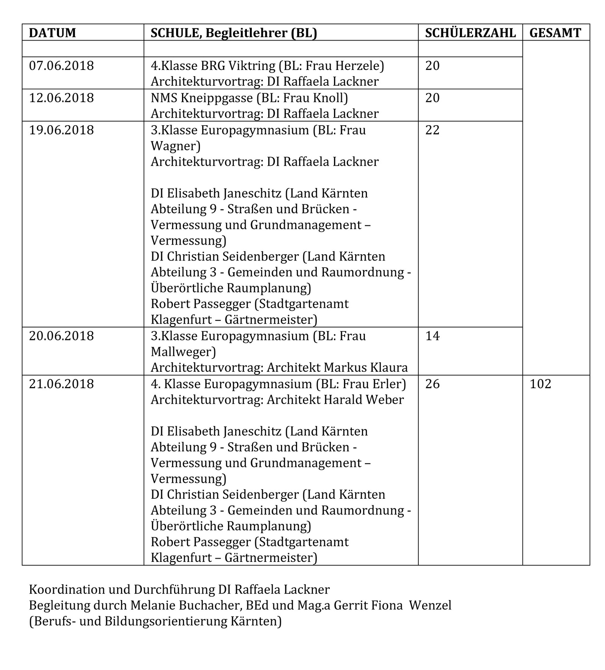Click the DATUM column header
coord(52,33)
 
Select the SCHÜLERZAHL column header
coord(470,33)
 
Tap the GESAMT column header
coord(555,33)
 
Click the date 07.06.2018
coord(62,66)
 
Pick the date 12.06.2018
coord(62,98)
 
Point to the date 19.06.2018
coord(62,130)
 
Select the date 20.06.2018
coord(62,336)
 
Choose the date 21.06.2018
coord(62,384)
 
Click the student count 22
coord(433,130)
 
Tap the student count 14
coord(433,336)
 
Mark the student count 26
coord(433,384)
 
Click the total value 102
coord(541,384)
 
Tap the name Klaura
coord(389,368)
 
